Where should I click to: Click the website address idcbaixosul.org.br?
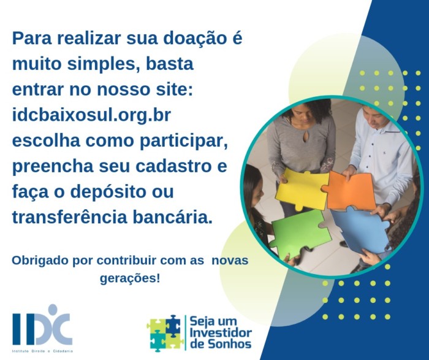(92, 116)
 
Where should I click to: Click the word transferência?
(70, 217)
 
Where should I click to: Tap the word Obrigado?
(40, 261)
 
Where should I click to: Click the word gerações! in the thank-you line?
(130, 279)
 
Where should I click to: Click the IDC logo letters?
(42, 327)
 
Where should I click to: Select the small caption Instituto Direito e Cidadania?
(42, 351)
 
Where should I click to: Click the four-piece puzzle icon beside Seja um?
(165, 333)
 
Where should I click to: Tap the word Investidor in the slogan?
(221, 332)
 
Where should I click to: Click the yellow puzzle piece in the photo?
(302, 189)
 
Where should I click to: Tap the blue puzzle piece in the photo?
(360, 229)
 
